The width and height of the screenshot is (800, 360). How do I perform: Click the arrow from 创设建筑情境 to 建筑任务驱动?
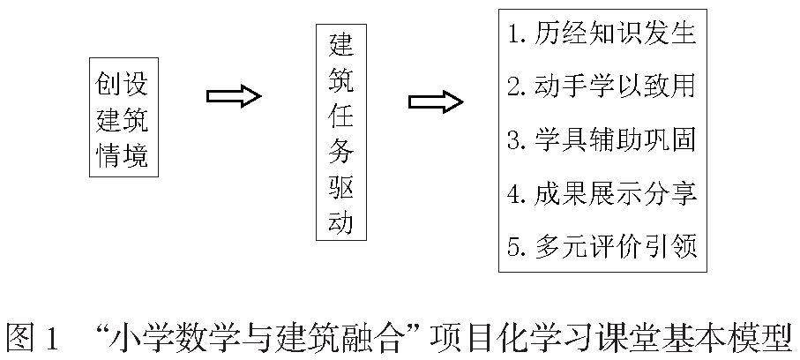point(233,95)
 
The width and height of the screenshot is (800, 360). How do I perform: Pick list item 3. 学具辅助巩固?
point(603,139)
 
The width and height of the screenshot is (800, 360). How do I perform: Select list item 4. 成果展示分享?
point(603,192)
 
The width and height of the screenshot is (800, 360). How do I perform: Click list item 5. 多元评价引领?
point(603,245)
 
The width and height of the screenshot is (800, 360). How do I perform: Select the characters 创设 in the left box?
point(123,85)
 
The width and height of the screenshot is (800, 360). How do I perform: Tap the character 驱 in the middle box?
point(340,187)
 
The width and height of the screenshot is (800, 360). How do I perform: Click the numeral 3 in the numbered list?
point(515,140)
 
